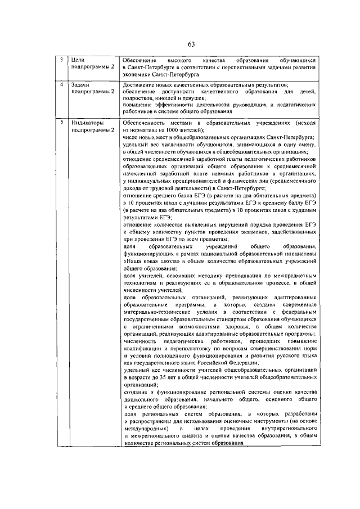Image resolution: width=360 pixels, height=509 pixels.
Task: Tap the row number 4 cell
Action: click(62, 84)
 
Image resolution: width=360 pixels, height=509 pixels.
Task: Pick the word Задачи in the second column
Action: click(81, 84)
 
